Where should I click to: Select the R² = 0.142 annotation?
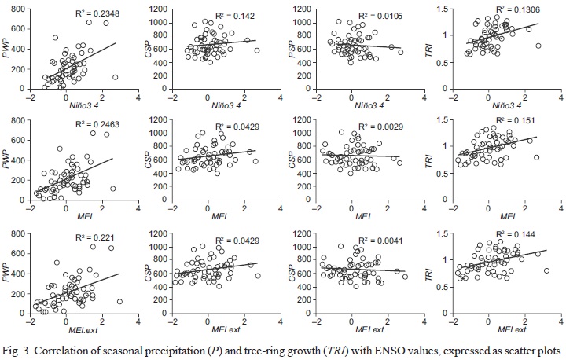(234, 15)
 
